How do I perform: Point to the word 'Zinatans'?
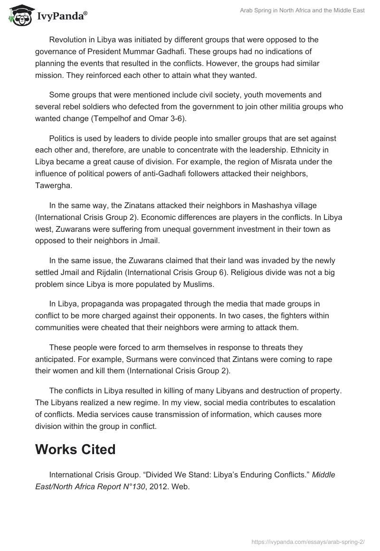(x=139, y=205)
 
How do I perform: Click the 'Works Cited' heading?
(x=75, y=449)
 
